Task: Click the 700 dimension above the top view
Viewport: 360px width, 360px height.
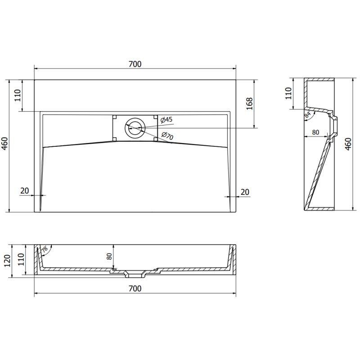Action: pos(135,64)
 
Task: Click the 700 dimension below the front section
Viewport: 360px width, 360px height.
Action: pos(135,288)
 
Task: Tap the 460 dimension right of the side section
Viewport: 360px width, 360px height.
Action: pos(348,144)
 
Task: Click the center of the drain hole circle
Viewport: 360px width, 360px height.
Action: pos(135,129)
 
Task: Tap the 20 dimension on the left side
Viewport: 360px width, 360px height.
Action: pos(24,191)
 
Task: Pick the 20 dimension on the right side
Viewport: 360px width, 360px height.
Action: pos(245,192)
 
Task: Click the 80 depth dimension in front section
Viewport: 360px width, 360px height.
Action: pos(108,257)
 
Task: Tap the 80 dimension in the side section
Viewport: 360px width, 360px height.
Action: pos(315,132)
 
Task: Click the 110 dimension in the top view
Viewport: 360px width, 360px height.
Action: pos(18,95)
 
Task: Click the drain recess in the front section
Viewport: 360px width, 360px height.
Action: pos(135,273)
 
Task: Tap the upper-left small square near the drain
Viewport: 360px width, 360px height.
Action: pos(115,117)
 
